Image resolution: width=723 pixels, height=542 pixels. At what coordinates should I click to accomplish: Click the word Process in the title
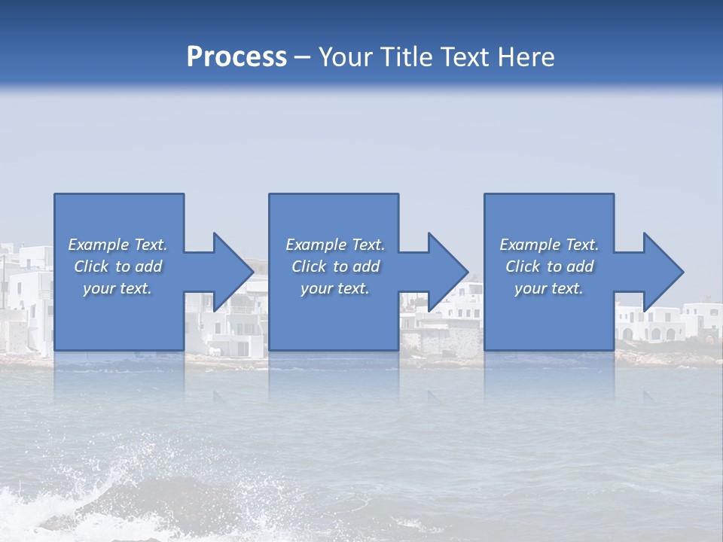pyautogui.click(x=236, y=57)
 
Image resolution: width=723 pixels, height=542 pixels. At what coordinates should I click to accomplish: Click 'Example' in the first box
pyautogui.click(x=99, y=245)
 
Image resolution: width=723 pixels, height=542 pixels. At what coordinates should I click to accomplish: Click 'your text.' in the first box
pyautogui.click(x=117, y=288)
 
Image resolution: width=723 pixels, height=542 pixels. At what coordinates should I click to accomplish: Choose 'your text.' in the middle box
pyautogui.click(x=335, y=288)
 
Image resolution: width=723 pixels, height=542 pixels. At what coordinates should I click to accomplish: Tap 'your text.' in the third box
pyautogui.click(x=549, y=288)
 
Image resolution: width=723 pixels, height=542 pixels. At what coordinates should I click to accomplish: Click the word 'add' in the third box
pyautogui.click(x=580, y=266)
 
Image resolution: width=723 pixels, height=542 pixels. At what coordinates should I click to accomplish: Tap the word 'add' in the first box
pyautogui.click(x=148, y=266)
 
